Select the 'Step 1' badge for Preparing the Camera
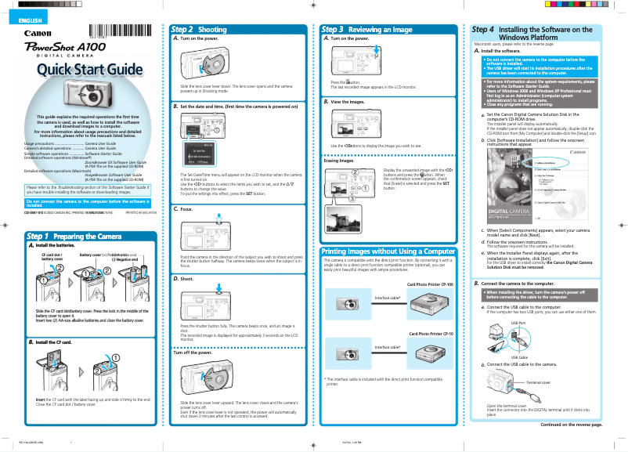click(x=38, y=237)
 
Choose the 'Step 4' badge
click(x=483, y=30)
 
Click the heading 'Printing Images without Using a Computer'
click(x=388, y=251)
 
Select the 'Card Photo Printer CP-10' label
click(x=431, y=334)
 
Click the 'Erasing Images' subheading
click(x=338, y=161)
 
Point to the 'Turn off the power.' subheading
click(x=194, y=353)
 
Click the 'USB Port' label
click(x=518, y=322)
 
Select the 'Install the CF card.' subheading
click(x=53, y=342)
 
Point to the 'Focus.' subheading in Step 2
click(x=188, y=210)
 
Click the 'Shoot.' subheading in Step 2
click(x=188, y=278)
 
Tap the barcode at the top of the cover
click(x=97, y=31)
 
